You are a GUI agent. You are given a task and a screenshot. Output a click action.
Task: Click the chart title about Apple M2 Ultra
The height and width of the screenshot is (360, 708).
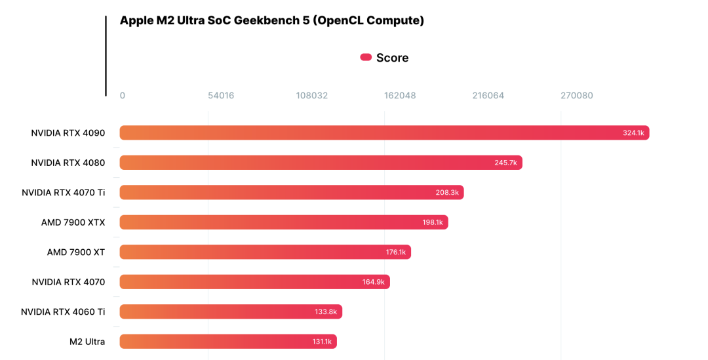point(271,20)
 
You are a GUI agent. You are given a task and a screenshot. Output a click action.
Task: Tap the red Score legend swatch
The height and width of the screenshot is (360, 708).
point(366,58)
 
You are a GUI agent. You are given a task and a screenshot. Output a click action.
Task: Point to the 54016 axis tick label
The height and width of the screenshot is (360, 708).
point(221,96)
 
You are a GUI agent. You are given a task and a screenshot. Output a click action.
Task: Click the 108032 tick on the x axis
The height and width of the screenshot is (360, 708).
point(312,96)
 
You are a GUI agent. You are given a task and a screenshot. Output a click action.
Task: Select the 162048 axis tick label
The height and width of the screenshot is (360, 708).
point(400,96)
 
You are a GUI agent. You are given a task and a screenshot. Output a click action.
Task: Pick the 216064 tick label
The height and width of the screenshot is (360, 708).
point(488,96)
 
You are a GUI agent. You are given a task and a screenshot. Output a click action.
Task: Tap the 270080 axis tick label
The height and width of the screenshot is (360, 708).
point(577,96)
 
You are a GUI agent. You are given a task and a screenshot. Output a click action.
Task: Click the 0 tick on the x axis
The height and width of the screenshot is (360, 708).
point(122,96)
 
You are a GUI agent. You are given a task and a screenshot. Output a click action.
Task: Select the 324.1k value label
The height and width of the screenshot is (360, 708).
point(633,133)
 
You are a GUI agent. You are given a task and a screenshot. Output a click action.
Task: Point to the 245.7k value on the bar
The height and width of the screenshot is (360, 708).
point(505,163)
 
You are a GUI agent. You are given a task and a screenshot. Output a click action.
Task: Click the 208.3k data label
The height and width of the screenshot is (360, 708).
point(447,193)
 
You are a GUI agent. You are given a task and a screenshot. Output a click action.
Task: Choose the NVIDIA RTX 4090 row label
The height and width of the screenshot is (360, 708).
point(68,133)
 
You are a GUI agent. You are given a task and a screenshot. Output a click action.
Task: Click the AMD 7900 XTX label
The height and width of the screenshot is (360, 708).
point(73,222)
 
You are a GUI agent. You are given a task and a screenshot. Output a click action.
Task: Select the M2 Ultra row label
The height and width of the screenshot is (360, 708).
point(87,342)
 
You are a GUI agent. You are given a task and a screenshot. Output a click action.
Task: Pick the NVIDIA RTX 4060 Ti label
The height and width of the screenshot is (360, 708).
point(63,311)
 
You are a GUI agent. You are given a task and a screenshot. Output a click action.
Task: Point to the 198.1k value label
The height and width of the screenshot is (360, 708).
point(433,222)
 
